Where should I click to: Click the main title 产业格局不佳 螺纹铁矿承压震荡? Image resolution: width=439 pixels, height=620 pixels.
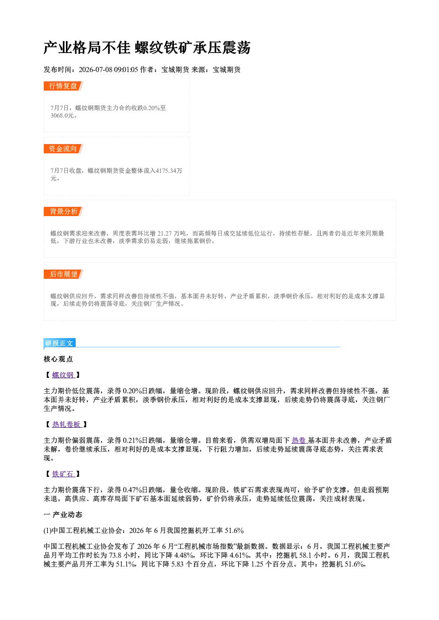[147, 48]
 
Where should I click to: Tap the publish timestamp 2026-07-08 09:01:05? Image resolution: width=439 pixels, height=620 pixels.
[108, 69]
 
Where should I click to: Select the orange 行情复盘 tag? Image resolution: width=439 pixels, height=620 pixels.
[63, 86]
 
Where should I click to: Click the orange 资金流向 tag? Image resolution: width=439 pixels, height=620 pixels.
[63, 148]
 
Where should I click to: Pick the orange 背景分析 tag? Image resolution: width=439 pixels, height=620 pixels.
[63, 212]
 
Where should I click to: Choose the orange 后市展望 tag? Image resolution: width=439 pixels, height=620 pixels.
[63, 274]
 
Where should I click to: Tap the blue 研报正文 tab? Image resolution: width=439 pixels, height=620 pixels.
[59, 343]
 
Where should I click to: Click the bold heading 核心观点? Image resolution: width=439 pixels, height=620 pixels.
[58, 359]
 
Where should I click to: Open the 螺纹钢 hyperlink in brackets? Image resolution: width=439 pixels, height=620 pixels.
[63, 375]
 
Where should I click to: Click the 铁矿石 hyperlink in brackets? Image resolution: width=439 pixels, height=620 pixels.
[63, 474]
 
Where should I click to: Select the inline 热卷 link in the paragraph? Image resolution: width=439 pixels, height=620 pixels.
[299, 441]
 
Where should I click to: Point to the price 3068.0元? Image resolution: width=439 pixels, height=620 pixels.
[62, 115]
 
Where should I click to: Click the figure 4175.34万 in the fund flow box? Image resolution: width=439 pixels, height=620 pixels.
[169, 171]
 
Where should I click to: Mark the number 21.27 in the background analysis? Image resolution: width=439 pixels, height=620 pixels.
[165, 234]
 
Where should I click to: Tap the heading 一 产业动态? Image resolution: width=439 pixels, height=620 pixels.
[63, 514]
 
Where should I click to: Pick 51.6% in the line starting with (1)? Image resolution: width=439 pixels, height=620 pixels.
[234, 531]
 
